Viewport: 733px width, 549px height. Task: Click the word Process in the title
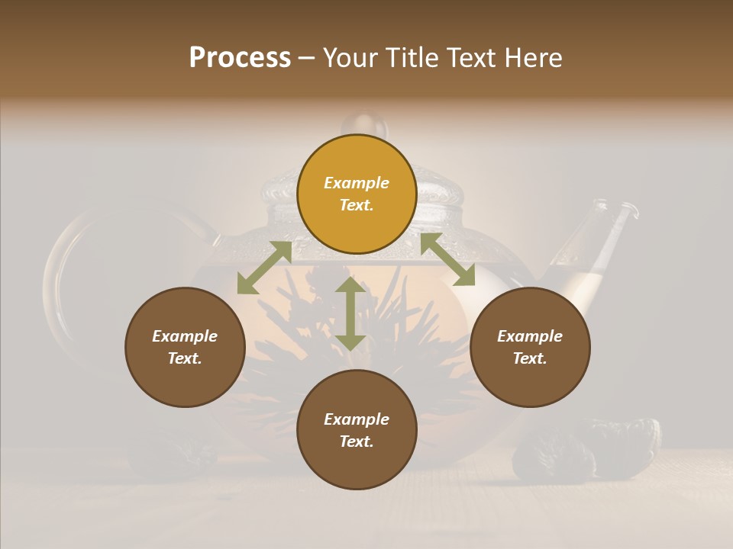point(240,57)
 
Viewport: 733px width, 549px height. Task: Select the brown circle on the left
point(185,347)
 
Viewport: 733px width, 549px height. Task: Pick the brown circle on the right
point(530,347)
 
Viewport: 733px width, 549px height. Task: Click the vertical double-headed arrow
point(350,313)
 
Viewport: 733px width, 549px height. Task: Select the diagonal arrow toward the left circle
point(264,268)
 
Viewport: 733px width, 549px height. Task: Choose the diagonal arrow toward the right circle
point(447,259)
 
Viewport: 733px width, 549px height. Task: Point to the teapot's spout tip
point(628,207)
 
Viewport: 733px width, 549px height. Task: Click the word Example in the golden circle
point(357,183)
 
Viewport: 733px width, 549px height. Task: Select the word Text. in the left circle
point(185,358)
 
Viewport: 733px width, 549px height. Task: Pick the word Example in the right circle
point(530,336)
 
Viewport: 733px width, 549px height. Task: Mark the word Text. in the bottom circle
point(357,441)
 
